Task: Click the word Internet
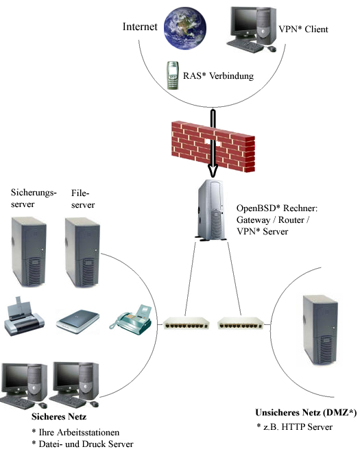point(141,27)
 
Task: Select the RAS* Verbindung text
point(218,76)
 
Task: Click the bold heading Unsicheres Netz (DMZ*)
point(306,412)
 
